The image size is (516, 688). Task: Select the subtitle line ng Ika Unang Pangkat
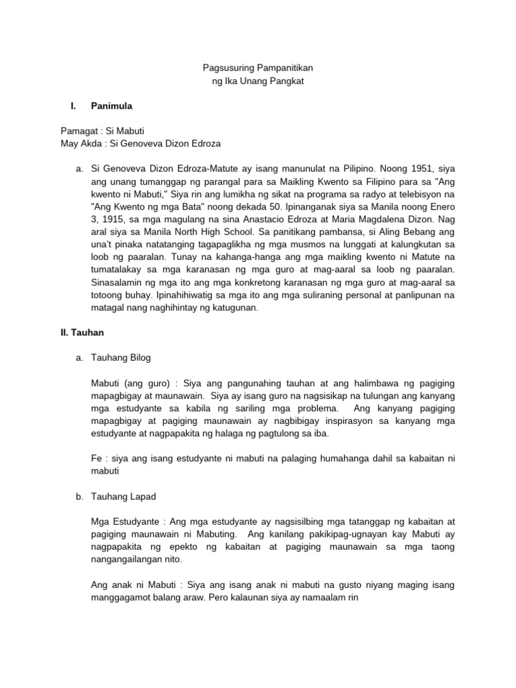(258, 81)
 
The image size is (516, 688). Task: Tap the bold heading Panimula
(112, 106)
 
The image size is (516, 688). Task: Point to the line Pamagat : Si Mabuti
(102, 131)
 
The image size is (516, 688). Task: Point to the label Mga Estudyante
(118, 521)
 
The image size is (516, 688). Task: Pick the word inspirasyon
(388, 421)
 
